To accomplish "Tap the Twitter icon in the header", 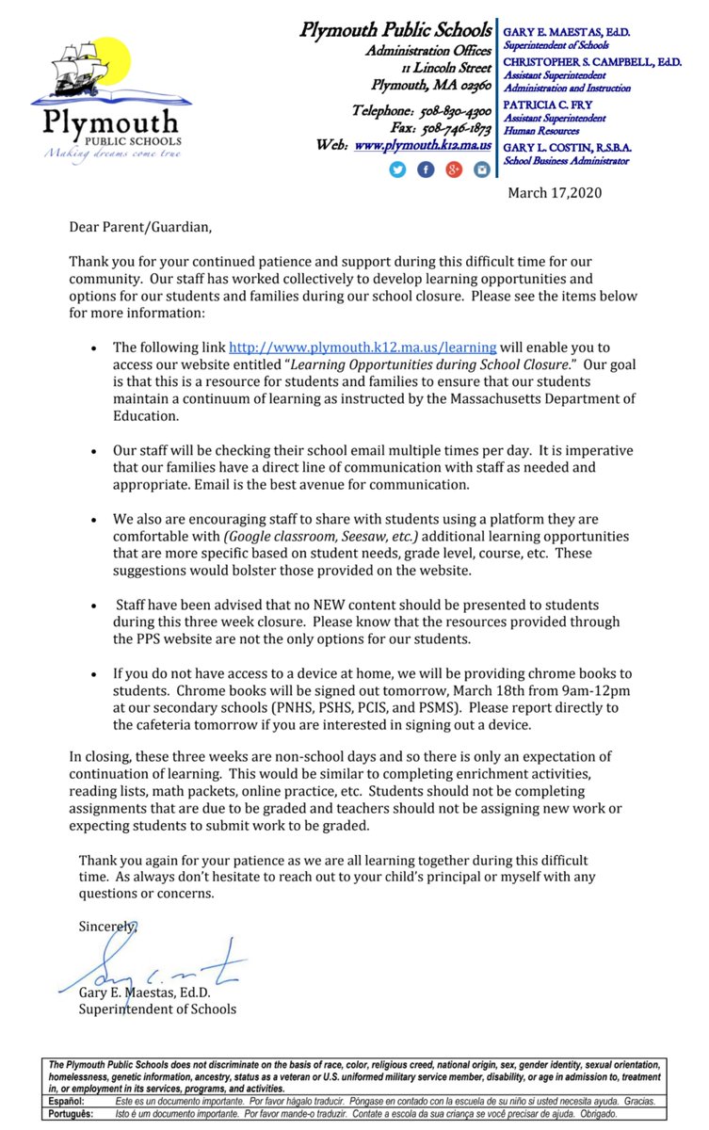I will [396, 169].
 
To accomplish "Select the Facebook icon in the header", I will [426, 169].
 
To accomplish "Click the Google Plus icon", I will [454, 169].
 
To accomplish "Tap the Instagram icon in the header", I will [482, 169].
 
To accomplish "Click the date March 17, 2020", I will [555, 193].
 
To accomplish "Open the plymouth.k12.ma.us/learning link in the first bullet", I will [363, 347].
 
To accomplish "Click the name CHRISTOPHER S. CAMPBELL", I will [590, 61].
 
